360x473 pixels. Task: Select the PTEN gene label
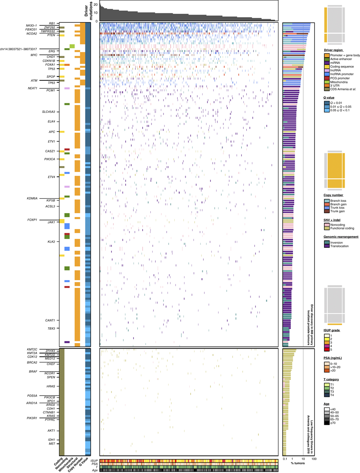click(51, 35)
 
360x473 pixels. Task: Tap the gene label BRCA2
click(32, 362)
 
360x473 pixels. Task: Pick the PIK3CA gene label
click(50, 159)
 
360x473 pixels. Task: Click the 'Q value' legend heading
click(332, 97)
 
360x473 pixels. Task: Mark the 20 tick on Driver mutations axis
click(97, 5)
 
